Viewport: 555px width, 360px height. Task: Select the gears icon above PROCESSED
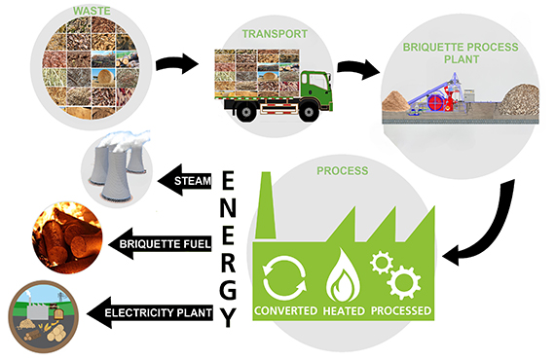coord(398,276)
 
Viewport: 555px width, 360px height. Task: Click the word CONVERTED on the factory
coord(286,311)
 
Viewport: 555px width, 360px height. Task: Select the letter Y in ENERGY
coord(228,317)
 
